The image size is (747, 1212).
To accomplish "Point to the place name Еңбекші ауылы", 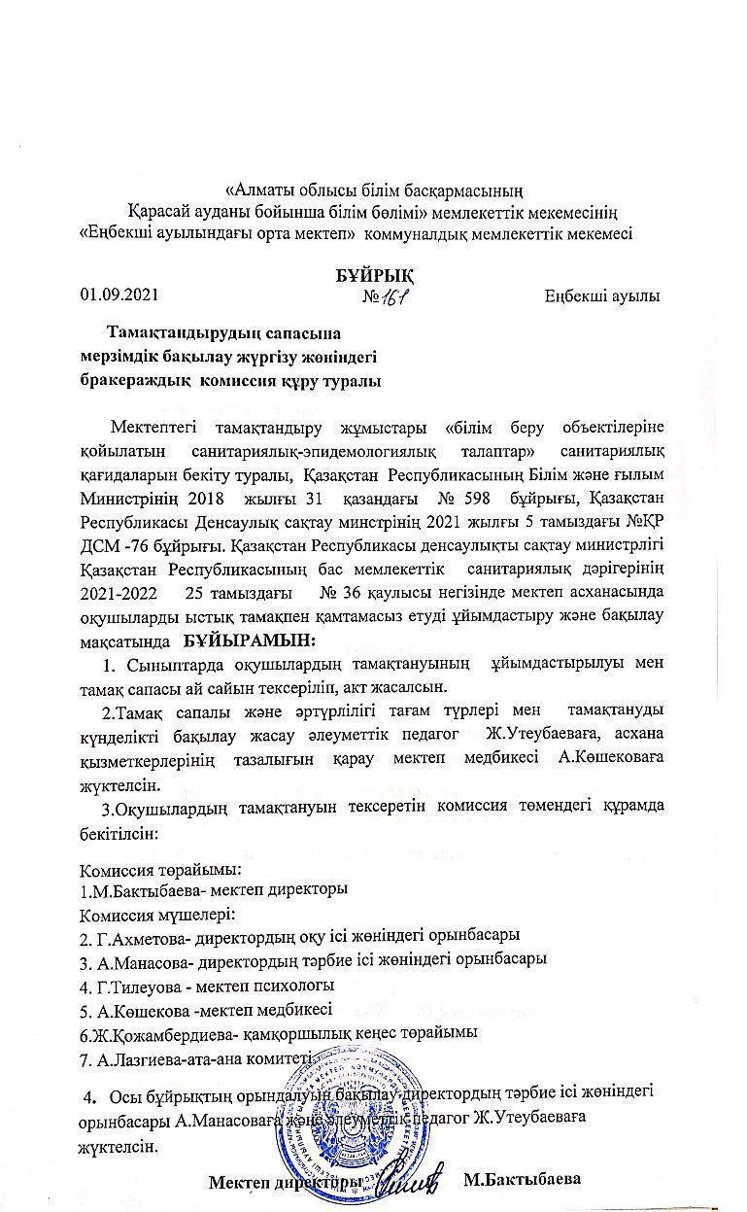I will coord(602,294).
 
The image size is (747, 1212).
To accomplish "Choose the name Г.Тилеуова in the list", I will coord(137,986).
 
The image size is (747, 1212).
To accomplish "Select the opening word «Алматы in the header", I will coord(258,188).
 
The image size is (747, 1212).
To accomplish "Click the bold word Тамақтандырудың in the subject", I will coord(182,333).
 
